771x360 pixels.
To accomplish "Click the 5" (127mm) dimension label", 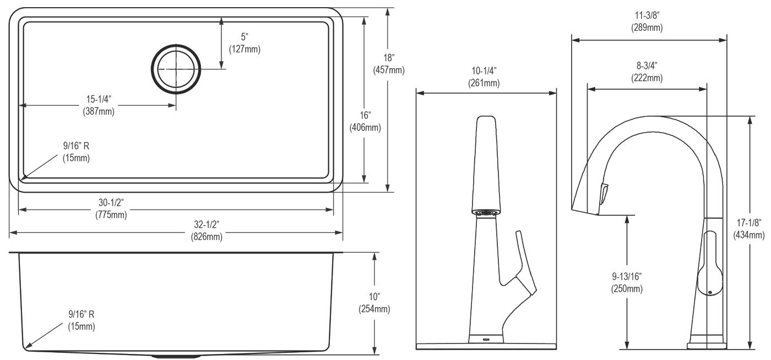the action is [x=245, y=43].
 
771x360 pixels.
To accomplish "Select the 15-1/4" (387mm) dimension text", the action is [x=99, y=105].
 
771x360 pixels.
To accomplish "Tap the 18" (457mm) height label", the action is [x=389, y=64].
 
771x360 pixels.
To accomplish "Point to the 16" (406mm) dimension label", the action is [x=365, y=121].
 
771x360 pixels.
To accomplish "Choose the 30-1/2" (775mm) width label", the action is [x=111, y=209].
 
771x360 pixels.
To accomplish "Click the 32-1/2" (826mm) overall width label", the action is [x=207, y=230].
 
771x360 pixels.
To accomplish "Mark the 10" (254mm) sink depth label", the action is [x=374, y=303].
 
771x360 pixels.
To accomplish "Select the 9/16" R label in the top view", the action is [x=76, y=152].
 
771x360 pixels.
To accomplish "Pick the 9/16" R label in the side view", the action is [x=82, y=320].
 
